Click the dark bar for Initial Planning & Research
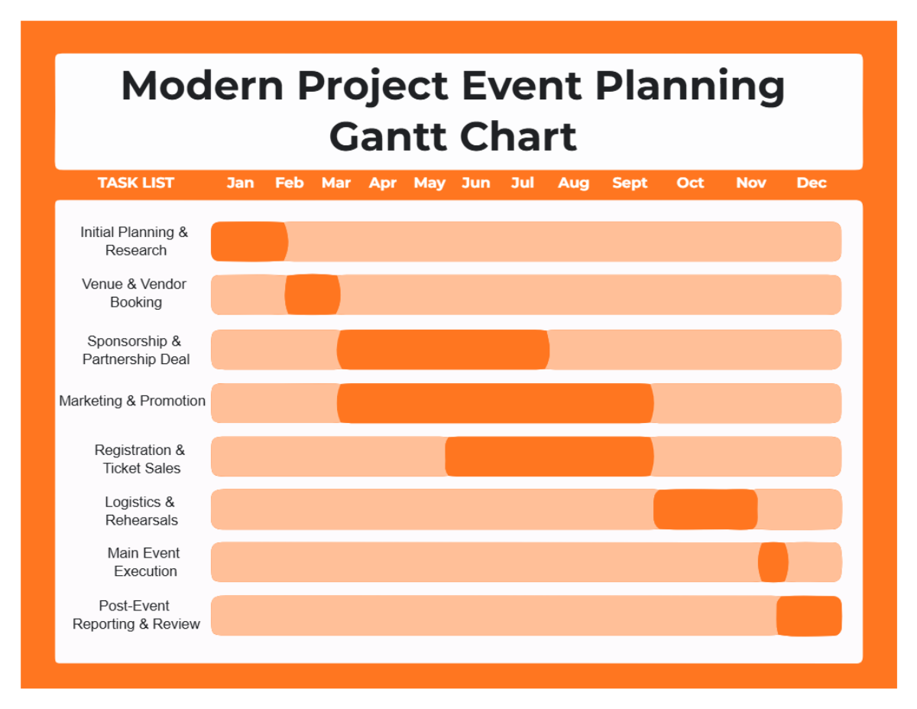click(249, 242)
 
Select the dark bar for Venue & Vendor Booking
click(313, 294)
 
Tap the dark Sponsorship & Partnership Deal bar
click(443, 350)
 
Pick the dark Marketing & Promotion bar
click(495, 403)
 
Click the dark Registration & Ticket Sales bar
click(549, 457)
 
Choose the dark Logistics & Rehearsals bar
click(705, 509)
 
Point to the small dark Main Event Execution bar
click(773, 562)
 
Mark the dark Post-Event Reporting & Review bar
click(809, 616)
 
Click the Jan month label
click(240, 183)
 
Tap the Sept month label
click(630, 183)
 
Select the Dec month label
click(812, 183)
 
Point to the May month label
click(429, 183)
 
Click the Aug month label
click(573, 183)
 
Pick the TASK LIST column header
click(136, 183)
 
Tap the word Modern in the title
click(203, 85)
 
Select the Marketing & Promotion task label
click(132, 401)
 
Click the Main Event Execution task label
click(144, 562)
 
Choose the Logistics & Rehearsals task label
click(141, 511)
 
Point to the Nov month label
click(751, 183)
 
